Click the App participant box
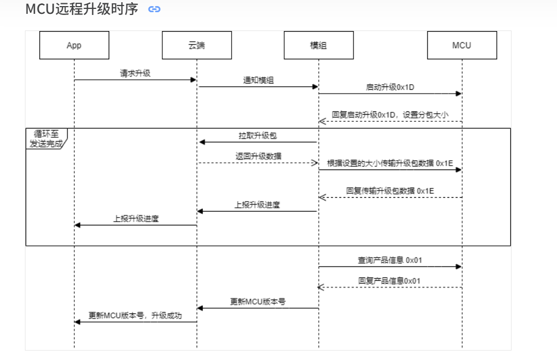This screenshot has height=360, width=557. tap(74, 45)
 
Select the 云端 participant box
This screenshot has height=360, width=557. tap(197, 45)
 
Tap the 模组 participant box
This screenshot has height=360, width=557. tap(318, 45)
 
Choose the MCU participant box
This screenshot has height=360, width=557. tap(462, 45)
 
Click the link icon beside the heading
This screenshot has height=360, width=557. tap(155, 9)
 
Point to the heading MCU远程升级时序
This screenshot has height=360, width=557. tap(82, 9)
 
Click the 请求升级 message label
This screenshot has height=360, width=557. tap(135, 73)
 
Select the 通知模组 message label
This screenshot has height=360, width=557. tap(258, 80)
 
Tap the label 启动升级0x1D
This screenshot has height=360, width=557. tap(391, 87)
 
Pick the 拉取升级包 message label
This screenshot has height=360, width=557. tap(258, 136)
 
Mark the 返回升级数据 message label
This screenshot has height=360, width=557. tap(258, 156)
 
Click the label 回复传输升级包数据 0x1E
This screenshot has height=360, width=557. tap(390, 191)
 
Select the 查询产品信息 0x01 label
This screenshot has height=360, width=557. tap(391, 260)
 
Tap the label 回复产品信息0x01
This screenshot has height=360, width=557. tap(389, 281)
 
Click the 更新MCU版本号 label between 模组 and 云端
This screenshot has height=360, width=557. tap(258, 302)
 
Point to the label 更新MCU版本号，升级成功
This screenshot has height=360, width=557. tap(135, 316)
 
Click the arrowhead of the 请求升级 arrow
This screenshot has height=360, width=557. tap(193, 80)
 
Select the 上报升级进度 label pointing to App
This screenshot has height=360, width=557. tap(136, 218)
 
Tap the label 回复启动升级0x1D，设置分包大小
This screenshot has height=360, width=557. tap(390, 115)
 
